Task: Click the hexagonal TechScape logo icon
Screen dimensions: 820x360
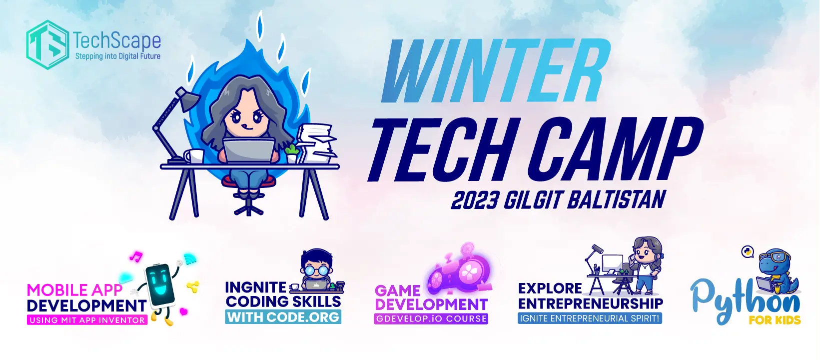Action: click(x=47, y=44)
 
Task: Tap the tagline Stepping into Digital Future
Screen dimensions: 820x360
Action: click(x=117, y=56)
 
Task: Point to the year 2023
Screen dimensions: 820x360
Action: click(x=475, y=200)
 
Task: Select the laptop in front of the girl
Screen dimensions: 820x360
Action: click(x=248, y=150)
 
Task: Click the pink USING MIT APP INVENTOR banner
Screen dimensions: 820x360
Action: click(x=87, y=319)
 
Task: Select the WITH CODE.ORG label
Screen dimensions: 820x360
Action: click(x=283, y=317)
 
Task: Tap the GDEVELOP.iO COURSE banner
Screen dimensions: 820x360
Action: click(x=431, y=318)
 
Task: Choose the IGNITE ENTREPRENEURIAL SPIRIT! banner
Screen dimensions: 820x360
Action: click(x=590, y=318)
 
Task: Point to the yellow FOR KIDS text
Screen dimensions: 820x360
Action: click(x=775, y=320)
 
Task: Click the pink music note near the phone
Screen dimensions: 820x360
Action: click(x=136, y=256)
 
